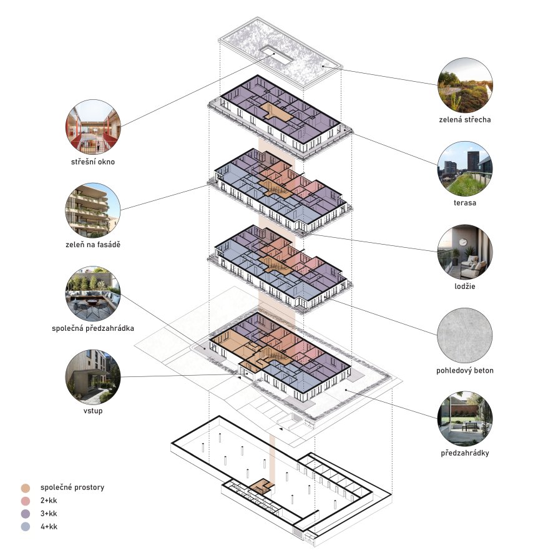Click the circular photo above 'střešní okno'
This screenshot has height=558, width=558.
pos(93,127)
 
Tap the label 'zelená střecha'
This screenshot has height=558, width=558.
pos(465,120)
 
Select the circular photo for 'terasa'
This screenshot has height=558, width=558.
pos(465,169)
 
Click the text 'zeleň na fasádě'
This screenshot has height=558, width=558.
pos(93,245)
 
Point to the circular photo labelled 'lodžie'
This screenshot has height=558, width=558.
pos(465,252)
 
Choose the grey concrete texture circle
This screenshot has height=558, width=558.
pos(465,336)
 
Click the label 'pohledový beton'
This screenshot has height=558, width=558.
pos(465,371)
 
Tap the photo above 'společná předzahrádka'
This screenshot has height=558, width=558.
pos(93,293)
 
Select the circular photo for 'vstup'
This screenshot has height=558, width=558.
pos(93,377)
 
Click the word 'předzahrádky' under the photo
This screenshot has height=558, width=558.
pos(465,453)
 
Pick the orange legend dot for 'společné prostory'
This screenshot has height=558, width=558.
pos(26,488)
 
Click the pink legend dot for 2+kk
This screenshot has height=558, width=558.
pos(26,501)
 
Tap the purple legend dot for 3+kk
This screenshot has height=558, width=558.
pos(26,514)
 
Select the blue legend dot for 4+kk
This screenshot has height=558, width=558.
pos(26,527)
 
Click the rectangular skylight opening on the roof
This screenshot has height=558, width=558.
pos(276,55)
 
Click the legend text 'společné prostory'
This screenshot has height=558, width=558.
pos(72,487)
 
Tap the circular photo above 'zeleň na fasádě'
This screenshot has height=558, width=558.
pos(93,210)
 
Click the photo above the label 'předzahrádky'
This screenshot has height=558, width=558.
pos(465,418)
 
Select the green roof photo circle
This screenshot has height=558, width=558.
pos(465,86)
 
